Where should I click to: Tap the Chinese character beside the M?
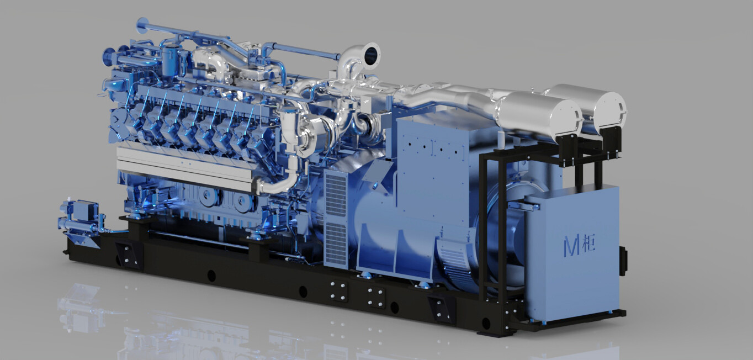(589, 243)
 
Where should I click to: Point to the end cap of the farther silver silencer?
(612, 108)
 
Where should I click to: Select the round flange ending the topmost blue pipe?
(141, 26)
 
